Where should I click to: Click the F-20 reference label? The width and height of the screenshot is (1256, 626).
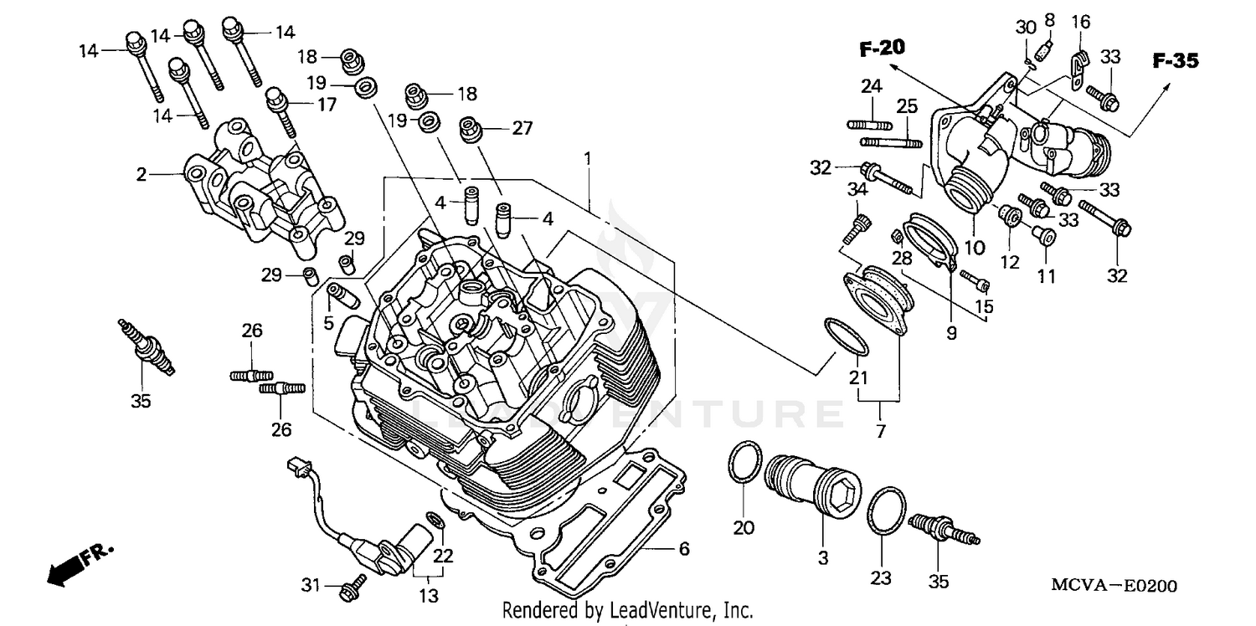(x=882, y=49)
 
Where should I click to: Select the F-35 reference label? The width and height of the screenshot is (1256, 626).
(x=1175, y=60)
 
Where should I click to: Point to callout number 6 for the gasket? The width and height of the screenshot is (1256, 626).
(x=683, y=549)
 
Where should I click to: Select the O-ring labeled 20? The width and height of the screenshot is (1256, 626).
(x=744, y=463)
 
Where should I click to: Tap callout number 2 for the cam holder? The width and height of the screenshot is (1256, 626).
(x=142, y=174)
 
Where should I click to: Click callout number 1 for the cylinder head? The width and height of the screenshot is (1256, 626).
(x=588, y=157)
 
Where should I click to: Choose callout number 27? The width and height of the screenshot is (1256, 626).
(x=522, y=128)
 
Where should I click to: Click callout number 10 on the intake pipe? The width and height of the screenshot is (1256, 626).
(x=974, y=247)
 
